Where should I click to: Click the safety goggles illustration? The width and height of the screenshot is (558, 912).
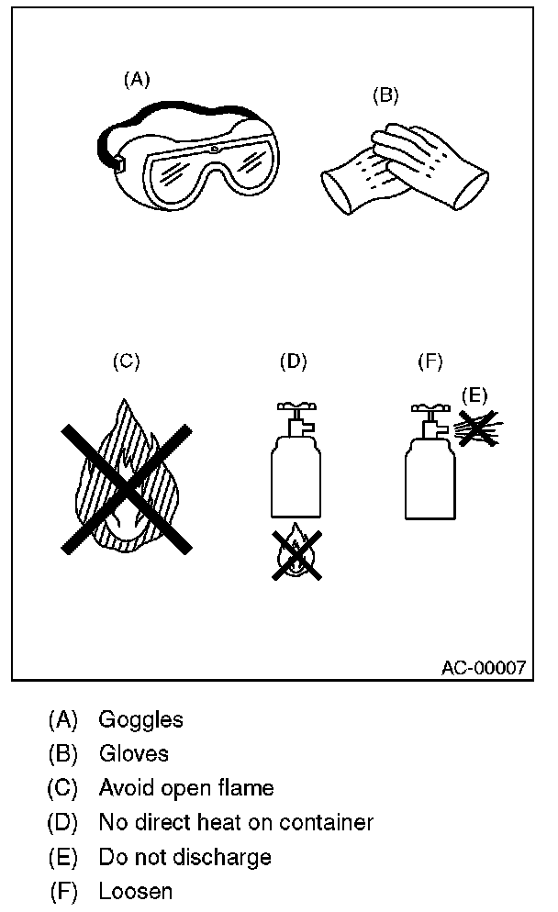[188, 156]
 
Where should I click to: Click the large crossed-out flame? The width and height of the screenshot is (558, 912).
[126, 486]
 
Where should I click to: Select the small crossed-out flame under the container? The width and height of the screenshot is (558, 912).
[295, 552]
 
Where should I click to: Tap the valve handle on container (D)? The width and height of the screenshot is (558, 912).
[294, 406]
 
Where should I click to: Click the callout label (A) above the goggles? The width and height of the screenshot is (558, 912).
[137, 79]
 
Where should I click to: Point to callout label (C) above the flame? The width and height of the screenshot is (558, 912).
[126, 361]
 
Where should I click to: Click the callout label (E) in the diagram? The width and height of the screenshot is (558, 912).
[474, 395]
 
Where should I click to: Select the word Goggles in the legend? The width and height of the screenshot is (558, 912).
[140, 719]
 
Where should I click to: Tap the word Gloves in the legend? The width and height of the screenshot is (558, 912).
[134, 753]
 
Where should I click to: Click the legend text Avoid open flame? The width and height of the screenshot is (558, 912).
[186, 787]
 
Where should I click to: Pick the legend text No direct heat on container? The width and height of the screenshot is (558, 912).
[236, 822]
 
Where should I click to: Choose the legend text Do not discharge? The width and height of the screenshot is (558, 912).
[184, 856]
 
